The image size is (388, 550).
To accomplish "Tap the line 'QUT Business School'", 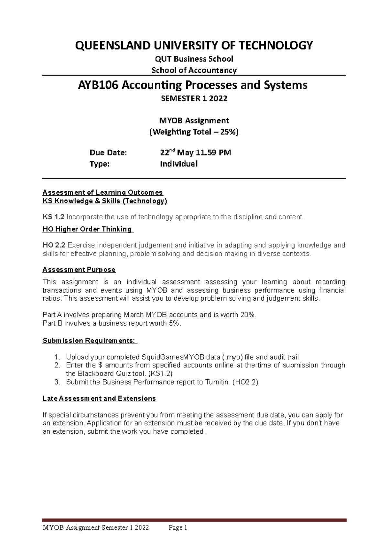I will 194,59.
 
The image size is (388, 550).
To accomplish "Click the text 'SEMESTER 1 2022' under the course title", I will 194,98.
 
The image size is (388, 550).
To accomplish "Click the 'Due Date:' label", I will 108,153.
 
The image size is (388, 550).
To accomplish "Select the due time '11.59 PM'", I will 213,153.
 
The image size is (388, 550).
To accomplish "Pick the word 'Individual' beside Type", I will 179,164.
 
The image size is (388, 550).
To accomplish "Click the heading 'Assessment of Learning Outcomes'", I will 102,192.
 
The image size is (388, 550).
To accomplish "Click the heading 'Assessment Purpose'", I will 79,269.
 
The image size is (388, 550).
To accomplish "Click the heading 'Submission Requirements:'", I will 89,341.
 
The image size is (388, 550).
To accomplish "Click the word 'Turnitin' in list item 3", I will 217,382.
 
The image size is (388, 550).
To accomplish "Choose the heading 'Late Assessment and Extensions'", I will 99,398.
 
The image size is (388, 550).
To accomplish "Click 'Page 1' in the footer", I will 178,528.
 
